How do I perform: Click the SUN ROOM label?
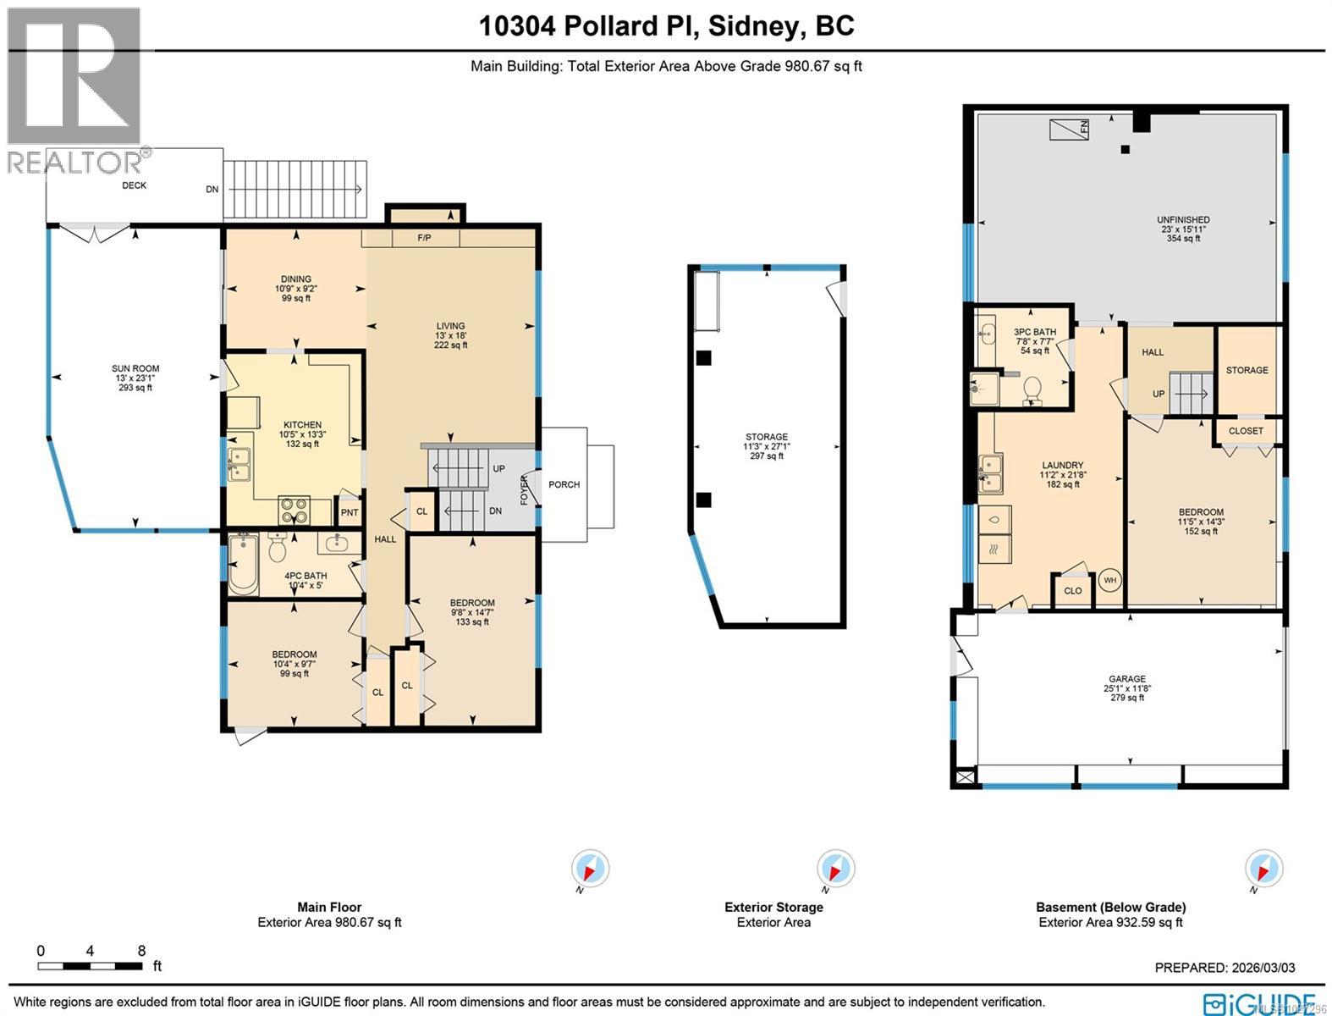pyautogui.click(x=135, y=368)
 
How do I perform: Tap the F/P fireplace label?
pyautogui.click(x=424, y=238)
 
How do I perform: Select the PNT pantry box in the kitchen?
pyautogui.click(x=349, y=512)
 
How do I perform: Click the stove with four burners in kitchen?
pyautogui.click(x=294, y=511)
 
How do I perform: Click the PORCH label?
pyautogui.click(x=564, y=484)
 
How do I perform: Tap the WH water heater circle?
pyautogui.click(x=1109, y=581)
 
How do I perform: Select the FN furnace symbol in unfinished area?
pyautogui.click(x=1070, y=130)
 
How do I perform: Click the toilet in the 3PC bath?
pyautogui.click(x=1032, y=390)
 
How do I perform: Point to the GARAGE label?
pyautogui.click(x=1127, y=679)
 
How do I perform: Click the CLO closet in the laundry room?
pyautogui.click(x=1072, y=590)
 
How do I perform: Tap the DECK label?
pyautogui.click(x=134, y=185)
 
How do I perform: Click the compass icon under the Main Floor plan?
pyautogui.click(x=590, y=870)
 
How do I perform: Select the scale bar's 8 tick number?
pyautogui.click(x=141, y=950)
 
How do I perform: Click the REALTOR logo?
pyautogui.click(x=74, y=89)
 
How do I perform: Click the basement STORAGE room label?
pyautogui.click(x=1247, y=370)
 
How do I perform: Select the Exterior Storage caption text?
pyautogui.click(x=773, y=907)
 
